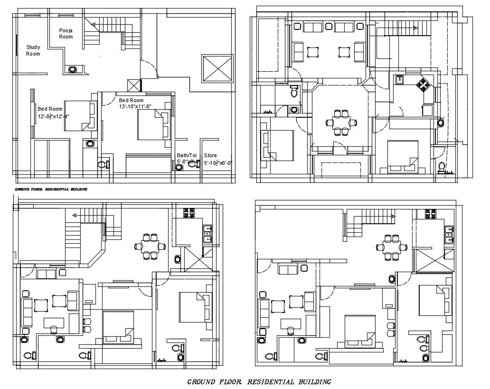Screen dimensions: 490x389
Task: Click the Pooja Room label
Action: [x=66, y=33]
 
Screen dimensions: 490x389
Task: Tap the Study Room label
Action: [x=33, y=50]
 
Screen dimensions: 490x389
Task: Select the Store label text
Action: [x=210, y=155]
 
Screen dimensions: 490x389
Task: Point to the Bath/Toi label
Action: [x=187, y=155]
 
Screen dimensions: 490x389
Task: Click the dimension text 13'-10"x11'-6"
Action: [x=135, y=107]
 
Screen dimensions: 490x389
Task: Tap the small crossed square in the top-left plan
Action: [x=134, y=85]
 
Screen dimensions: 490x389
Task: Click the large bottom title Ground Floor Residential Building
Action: [x=259, y=381]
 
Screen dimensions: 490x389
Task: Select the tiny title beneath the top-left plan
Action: [x=51, y=189]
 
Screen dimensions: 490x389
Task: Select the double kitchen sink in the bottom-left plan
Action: [x=207, y=231]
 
